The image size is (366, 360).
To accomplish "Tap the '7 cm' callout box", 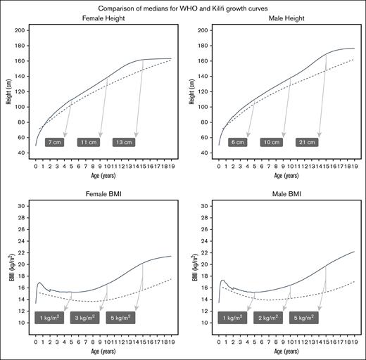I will (56, 142).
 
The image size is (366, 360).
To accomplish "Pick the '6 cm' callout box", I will (238, 142).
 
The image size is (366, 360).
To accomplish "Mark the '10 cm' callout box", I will (272, 142).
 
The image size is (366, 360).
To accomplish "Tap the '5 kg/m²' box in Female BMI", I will (121, 318).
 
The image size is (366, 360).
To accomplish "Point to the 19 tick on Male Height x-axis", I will (353, 167).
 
